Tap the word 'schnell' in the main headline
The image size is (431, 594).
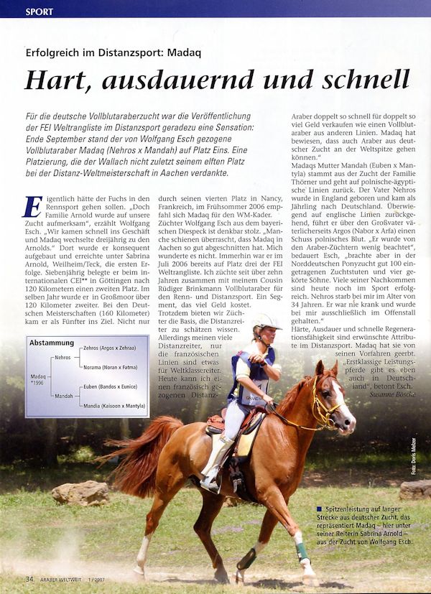pos(366,79)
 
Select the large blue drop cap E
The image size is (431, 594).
pos(32,207)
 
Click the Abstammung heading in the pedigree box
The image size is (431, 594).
pos(52,343)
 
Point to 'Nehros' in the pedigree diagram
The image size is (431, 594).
pos(63,357)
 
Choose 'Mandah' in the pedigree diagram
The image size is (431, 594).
pos(64,396)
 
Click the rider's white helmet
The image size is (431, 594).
pos(266,322)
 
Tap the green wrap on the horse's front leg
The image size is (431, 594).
pos(302,551)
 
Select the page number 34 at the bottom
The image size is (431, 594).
pos(29,579)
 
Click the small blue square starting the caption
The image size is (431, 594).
pos(318,509)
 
